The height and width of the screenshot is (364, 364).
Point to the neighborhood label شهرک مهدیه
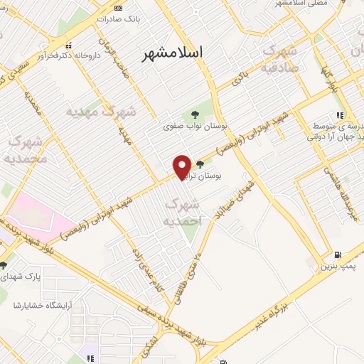pyautogui.click(x=100, y=112)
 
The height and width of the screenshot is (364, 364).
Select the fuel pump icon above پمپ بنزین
pyautogui.click(x=337, y=255)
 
